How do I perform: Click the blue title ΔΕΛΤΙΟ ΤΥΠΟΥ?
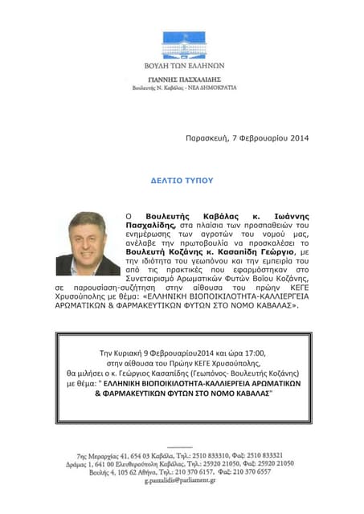[x=182, y=181]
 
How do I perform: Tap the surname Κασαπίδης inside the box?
[x=215, y=374]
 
